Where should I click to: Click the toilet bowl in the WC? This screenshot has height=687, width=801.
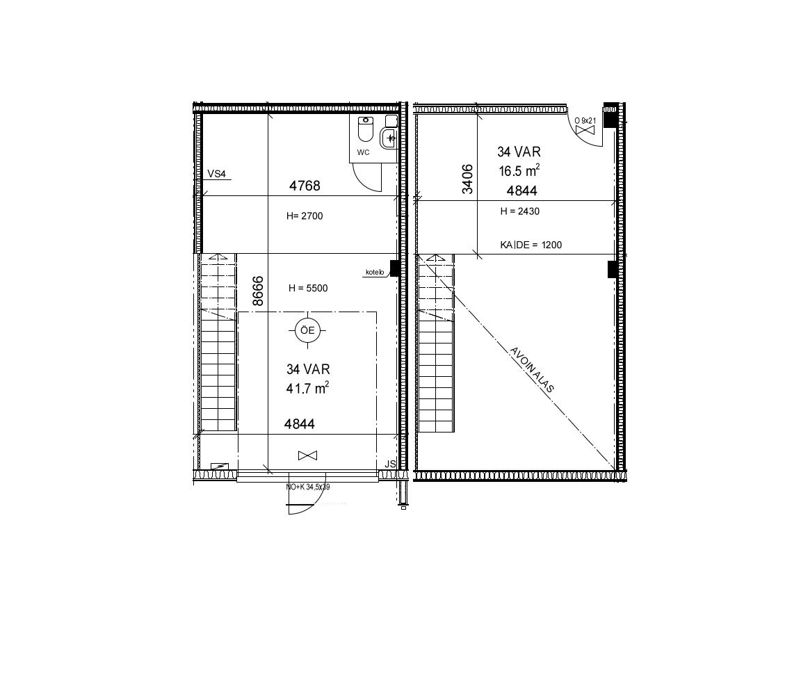(366, 129)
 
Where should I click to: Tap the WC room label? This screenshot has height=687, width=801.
(363, 152)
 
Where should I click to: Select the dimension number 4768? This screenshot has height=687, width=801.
(305, 186)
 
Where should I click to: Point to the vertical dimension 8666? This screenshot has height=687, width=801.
(259, 291)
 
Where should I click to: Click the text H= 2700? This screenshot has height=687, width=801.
(305, 216)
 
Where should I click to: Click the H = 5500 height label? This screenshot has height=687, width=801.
(308, 288)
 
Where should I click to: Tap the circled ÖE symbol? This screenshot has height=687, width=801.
(307, 330)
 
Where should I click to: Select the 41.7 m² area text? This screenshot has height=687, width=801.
(307, 388)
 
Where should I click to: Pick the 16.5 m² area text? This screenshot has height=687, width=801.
(519, 170)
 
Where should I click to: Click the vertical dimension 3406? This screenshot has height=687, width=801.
(467, 179)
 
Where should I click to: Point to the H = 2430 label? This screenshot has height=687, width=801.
(519, 211)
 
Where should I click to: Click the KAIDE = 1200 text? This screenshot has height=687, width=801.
(531, 245)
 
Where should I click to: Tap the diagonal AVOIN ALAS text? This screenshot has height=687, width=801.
(532, 370)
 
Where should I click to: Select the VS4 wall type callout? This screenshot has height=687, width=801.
(217, 174)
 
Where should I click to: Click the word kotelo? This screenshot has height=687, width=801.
(375, 273)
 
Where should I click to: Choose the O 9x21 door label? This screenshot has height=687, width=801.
(585, 120)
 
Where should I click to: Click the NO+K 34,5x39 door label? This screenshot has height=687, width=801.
(307, 487)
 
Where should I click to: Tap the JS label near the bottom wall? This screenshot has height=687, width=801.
(390, 464)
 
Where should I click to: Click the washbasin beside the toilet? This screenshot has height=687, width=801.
(389, 138)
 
